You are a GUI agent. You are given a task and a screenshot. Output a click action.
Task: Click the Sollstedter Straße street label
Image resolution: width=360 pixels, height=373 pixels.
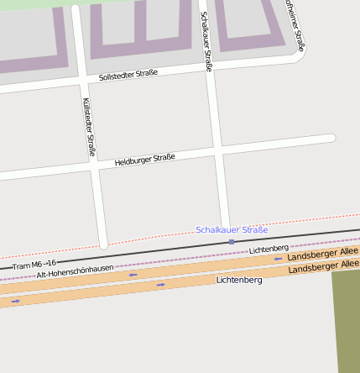(x=128, y=74)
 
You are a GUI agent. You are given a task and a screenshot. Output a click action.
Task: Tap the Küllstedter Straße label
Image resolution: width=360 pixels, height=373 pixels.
(x=89, y=127)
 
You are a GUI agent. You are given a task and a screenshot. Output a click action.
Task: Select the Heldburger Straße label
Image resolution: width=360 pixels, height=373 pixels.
(x=144, y=158)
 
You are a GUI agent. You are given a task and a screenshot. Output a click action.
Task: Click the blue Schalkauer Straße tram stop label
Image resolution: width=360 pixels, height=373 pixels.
(x=232, y=229)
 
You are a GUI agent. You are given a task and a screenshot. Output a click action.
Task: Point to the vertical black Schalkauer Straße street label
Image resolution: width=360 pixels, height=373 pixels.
(x=206, y=41)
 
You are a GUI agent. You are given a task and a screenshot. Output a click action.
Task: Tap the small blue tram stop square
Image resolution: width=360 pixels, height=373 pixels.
(x=232, y=242)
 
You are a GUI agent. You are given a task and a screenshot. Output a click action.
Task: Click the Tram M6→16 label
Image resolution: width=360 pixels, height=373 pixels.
(x=34, y=265)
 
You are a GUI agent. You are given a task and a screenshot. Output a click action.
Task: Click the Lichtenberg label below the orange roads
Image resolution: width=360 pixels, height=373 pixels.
(x=239, y=279)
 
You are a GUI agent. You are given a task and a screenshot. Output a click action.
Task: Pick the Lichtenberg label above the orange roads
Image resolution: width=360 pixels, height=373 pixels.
(x=269, y=249)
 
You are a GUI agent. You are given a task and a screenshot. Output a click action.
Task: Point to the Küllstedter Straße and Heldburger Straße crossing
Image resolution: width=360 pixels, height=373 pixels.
(x=93, y=165)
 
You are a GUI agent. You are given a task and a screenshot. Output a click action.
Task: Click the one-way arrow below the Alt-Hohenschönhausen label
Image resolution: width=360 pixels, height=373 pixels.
(x=133, y=274)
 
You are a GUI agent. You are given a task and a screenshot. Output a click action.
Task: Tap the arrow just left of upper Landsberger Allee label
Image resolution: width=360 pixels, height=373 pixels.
(x=278, y=259)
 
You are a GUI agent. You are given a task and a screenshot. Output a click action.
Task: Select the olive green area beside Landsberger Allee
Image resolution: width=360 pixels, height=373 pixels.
(x=346, y=319)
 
